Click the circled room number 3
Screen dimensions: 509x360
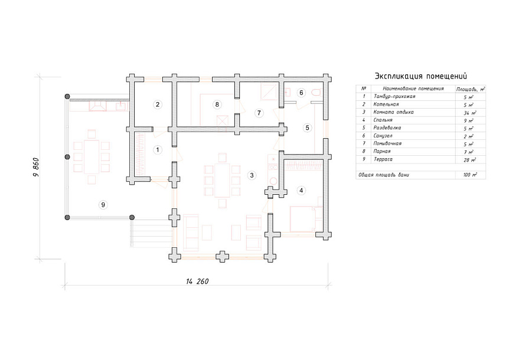[x=252, y=175]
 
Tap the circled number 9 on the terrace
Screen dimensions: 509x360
[x=103, y=205]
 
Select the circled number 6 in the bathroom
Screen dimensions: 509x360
[x=301, y=93]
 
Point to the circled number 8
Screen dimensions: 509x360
[x=217, y=104]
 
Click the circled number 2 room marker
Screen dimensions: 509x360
[x=158, y=104]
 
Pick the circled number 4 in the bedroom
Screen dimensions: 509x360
[x=301, y=191]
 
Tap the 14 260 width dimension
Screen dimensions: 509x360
[x=197, y=281]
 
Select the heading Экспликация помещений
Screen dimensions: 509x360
[x=420, y=76]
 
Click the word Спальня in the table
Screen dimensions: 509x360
[x=383, y=120]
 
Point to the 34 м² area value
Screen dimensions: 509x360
[x=469, y=113]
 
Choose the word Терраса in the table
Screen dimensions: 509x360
[x=383, y=159]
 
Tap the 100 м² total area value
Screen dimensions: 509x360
[x=470, y=175]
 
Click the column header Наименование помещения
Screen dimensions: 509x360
[x=413, y=89]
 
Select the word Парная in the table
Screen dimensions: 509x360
[x=381, y=152]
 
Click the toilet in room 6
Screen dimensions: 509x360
[x=316, y=93]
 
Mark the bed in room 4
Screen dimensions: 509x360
[x=305, y=219]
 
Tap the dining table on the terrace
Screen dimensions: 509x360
[x=92, y=157]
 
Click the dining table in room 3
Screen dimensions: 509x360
[x=223, y=181]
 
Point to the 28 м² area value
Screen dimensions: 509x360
[x=469, y=160]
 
